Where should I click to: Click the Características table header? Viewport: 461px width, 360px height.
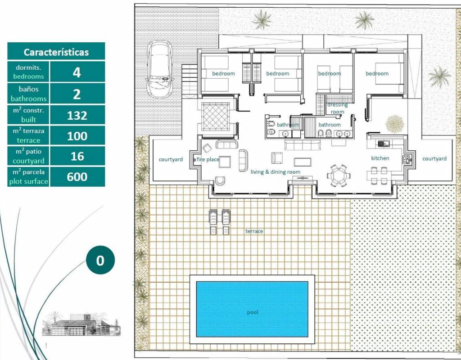(56, 52)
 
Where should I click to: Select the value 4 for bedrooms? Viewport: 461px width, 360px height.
(77, 72)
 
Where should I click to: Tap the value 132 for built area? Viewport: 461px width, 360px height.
(77, 116)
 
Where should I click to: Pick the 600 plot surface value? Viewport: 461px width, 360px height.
(77, 176)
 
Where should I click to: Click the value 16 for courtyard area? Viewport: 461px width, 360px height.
(77, 156)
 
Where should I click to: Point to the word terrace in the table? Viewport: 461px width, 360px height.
(28, 140)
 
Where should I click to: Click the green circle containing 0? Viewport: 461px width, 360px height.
(100, 261)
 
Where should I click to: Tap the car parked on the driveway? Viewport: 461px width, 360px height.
(159, 69)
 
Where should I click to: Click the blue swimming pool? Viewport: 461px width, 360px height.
(252, 309)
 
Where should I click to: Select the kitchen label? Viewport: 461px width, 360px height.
(380, 158)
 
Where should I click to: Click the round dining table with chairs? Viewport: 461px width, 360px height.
(338, 176)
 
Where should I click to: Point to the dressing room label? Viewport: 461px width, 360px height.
(337, 108)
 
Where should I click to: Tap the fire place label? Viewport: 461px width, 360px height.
(208, 159)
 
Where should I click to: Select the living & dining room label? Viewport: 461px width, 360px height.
(276, 172)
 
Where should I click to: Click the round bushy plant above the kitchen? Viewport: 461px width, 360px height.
(395, 124)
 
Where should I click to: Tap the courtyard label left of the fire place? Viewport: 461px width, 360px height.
(171, 160)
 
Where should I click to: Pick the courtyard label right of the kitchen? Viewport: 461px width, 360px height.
(434, 159)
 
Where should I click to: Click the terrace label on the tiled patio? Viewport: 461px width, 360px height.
(254, 231)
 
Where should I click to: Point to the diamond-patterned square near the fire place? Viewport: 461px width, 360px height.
(216, 117)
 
